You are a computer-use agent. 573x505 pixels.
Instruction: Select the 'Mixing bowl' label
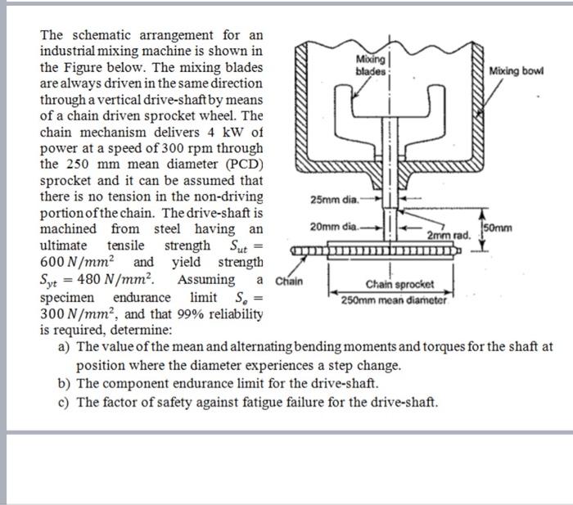516,71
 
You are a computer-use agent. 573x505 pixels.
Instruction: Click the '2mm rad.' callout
449,235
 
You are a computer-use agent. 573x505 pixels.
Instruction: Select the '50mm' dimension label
500,227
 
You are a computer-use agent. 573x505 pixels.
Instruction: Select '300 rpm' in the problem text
169,148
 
